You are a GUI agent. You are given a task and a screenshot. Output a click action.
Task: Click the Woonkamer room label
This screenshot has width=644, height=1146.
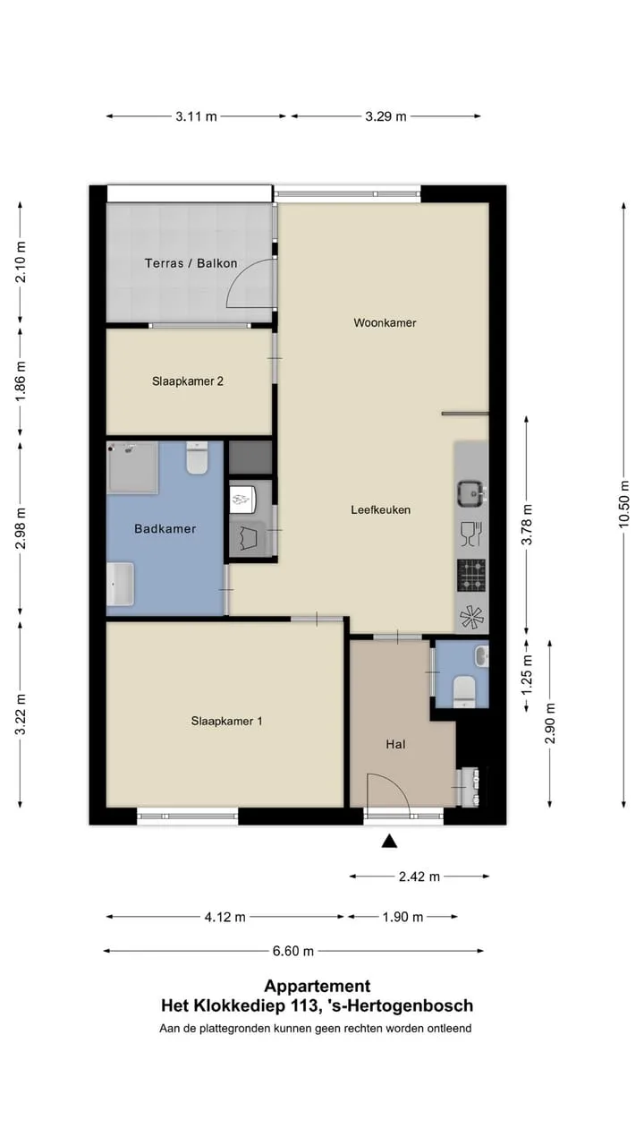click(x=385, y=323)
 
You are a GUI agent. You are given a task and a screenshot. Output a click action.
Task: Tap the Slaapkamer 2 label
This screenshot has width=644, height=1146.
click(x=188, y=381)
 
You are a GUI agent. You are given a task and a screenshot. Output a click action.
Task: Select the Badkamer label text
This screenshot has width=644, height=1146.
click(x=165, y=528)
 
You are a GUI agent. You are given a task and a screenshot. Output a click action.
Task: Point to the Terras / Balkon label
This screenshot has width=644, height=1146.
click(x=191, y=263)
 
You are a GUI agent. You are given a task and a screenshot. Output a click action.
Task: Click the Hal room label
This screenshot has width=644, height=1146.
click(x=395, y=744)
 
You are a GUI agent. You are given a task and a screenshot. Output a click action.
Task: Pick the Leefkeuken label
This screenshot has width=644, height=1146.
click(x=381, y=510)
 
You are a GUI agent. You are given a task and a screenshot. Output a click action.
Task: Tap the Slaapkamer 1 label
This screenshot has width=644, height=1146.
click(x=226, y=721)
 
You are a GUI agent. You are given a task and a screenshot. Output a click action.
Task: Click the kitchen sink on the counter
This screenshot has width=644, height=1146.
click(x=471, y=493)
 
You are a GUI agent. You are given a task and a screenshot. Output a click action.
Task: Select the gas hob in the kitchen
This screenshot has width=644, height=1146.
click(x=471, y=575)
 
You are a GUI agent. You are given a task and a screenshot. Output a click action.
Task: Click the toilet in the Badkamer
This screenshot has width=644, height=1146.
click(x=196, y=458)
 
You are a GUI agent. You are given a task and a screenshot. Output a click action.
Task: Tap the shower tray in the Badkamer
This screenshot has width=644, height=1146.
click(x=132, y=467)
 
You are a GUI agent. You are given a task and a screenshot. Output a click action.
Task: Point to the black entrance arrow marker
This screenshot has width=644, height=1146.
click(x=389, y=841)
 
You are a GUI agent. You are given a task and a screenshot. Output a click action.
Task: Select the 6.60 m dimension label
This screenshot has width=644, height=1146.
click(x=292, y=951)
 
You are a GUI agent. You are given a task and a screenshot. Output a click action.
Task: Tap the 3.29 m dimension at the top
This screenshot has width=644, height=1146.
click(x=386, y=116)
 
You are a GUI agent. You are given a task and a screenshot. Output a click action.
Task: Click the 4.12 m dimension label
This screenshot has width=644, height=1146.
click(x=225, y=918)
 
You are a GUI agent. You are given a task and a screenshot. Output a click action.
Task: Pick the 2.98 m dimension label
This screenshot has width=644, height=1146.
click(x=21, y=528)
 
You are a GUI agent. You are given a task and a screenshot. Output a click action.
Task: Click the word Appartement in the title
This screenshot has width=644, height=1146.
click(x=318, y=986)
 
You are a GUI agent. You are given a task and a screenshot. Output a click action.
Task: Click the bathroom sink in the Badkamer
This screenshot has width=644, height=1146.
click(x=121, y=584)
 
